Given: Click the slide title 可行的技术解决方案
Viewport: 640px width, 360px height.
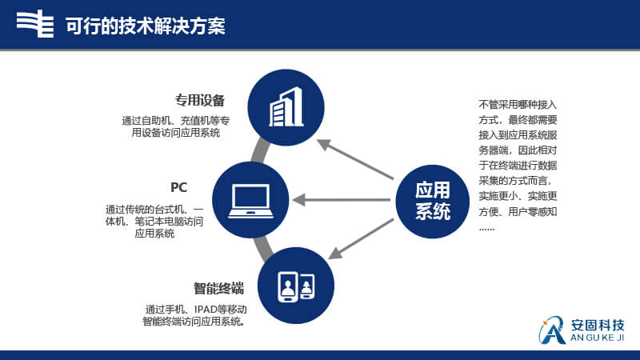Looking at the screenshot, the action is click(146, 26).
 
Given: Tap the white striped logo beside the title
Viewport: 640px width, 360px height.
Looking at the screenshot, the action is click(35, 24).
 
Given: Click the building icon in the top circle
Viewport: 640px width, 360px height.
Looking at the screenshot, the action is click(286, 106).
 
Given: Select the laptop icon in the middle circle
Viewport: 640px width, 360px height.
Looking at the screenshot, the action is click(250, 201).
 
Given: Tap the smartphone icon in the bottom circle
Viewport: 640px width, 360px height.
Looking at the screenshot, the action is click(296, 286).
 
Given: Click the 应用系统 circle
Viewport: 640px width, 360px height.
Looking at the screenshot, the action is click(433, 202).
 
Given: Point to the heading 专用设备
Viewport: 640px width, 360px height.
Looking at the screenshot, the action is click(199, 100).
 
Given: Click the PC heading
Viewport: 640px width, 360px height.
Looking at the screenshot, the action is click(178, 187).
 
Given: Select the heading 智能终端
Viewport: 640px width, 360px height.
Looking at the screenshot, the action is click(218, 289).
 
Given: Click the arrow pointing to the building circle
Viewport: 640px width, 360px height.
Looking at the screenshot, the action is click(355, 159).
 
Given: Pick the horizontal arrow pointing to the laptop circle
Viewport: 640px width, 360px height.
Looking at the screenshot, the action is click(342, 200).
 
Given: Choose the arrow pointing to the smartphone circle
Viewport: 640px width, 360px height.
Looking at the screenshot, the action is click(361, 238).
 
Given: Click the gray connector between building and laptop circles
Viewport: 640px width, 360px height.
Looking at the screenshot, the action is click(260, 151).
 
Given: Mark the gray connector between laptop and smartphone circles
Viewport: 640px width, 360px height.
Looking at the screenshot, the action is click(264, 249).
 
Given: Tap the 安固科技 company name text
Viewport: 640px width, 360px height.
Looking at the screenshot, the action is click(598, 326).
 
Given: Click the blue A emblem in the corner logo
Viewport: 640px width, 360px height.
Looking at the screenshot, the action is click(552, 330).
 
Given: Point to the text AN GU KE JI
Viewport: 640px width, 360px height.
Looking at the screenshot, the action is click(598, 338).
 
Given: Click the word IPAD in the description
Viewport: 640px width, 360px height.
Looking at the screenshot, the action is click(206, 310).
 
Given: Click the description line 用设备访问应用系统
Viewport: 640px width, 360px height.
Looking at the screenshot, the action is click(175, 133).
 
